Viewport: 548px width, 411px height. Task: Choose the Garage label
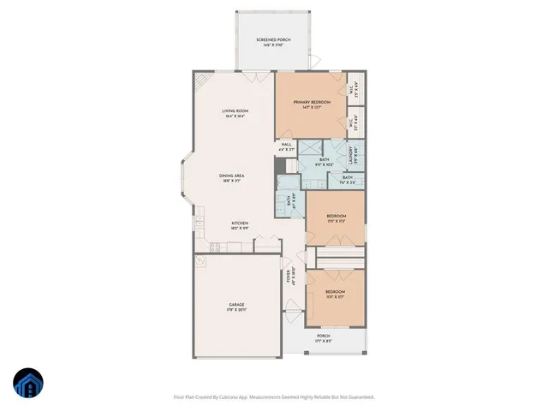(x=236, y=305)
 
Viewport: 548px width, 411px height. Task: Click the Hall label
(x=287, y=145)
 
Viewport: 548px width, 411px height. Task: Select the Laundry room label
(x=352, y=156)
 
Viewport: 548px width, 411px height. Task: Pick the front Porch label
(x=323, y=336)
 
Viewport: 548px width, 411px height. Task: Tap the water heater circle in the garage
(x=202, y=260)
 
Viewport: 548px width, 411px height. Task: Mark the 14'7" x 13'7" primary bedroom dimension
(x=311, y=108)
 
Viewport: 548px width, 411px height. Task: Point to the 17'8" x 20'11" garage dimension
(x=236, y=311)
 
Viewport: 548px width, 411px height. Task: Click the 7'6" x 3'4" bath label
(x=348, y=182)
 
